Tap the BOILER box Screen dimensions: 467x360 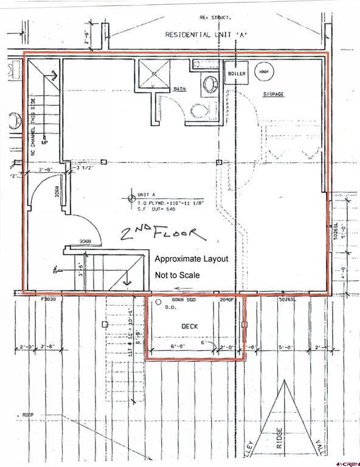(x=237, y=74)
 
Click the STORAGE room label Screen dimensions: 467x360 (x=274, y=94)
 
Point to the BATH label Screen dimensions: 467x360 (x=179, y=89)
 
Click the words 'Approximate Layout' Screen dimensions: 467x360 (x=192, y=258)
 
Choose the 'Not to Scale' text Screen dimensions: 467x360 (x=178, y=275)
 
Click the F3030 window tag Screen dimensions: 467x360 (x=48, y=300)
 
